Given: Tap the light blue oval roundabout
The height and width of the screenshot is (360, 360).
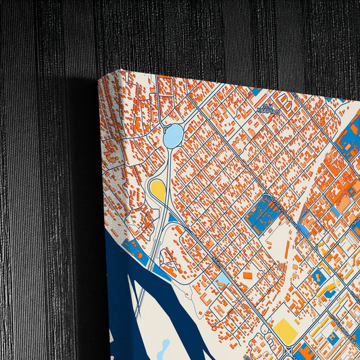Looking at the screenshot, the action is coord(173,136).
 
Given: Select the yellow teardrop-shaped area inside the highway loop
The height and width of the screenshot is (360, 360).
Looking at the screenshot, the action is coord(157,188).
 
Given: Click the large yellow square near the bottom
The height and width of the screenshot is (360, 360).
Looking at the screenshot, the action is coord(284,329).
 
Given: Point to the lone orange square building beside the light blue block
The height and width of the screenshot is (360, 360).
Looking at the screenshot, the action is coord(248,276).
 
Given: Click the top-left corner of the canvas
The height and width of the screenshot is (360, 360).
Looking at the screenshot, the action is coord(122,70).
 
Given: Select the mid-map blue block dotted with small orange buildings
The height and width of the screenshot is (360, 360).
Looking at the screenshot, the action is coord(263,215).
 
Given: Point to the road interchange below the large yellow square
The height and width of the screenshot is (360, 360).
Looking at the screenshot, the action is coord(288,351).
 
